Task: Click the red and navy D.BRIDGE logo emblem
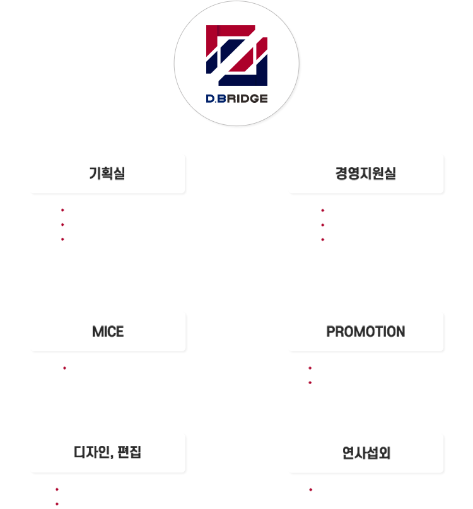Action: (237, 56)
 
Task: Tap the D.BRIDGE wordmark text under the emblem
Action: (237, 98)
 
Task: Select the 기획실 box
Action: (107, 173)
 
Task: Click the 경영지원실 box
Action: (366, 173)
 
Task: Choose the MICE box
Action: (107, 331)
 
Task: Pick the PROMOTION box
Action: (366, 331)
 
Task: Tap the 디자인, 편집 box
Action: (107, 452)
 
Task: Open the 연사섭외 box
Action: (366, 452)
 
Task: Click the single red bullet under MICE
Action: (66, 368)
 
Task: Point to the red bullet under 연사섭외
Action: (312, 489)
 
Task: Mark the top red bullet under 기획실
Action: (64, 210)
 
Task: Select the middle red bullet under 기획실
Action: (64, 224)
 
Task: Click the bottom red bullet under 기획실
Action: (64, 238)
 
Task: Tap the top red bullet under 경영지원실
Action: (324, 210)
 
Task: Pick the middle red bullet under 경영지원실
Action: (324, 224)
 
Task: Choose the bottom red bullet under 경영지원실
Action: (324, 238)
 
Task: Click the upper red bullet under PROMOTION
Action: (312, 368)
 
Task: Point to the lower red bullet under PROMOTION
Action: (312, 382)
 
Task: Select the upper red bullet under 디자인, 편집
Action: (59, 489)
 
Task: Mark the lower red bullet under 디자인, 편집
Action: (59, 503)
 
